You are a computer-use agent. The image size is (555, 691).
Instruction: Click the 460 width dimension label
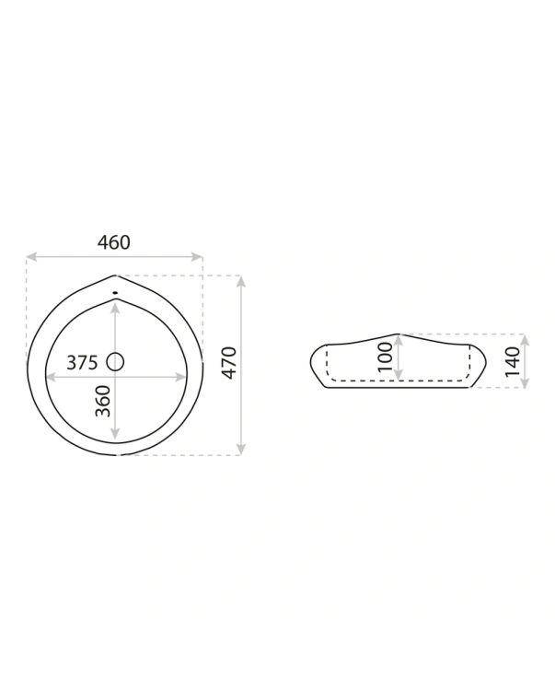click(x=113, y=242)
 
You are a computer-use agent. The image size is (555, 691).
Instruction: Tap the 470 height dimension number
click(x=229, y=363)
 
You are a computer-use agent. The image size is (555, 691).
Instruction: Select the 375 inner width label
click(x=82, y=363)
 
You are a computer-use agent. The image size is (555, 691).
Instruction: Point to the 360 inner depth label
click(x=103, y=401)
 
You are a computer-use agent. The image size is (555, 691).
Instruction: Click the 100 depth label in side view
click(x=386, y=357)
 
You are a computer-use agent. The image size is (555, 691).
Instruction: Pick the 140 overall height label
click(x=513, y=361)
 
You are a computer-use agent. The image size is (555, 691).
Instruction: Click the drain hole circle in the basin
click(x=115, y=362)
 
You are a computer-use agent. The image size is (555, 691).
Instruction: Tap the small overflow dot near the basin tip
click(x=115, y=292)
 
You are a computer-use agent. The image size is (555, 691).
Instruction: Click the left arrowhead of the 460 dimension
click(x=31, y=256)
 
